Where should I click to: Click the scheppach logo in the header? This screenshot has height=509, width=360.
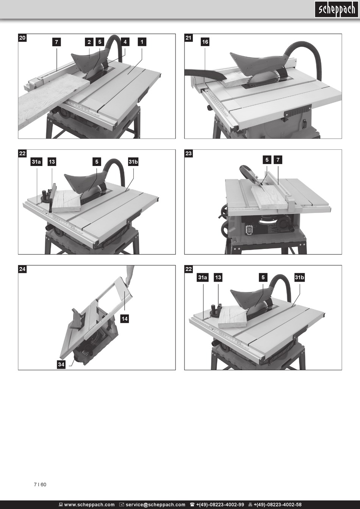tap(337, 9)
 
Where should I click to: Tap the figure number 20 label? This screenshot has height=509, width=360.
tap(22, 38)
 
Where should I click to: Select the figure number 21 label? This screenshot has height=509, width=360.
tap(188, 38)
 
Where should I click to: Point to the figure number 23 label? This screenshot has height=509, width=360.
tap(188, 153)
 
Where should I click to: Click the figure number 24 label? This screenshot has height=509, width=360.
tap(22, 269)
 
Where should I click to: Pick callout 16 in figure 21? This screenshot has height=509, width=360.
tap(205, 42)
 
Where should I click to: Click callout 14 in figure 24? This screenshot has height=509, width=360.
tap(125, 319)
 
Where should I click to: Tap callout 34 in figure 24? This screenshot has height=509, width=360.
tap(61, 365)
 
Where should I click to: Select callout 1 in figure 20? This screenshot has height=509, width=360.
tap(142, 42)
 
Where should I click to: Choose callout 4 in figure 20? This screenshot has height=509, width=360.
tap(125, 42)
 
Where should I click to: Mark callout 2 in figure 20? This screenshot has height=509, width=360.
tap(89, 42)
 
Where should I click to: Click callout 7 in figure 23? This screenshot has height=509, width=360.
tap(278, 160)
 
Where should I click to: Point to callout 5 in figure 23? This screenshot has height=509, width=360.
tap(267, 160)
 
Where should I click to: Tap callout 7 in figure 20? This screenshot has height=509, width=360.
tap(56, 42)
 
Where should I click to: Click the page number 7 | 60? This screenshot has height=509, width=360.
tap(40, 484)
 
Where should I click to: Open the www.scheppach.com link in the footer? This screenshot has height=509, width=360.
tap(87, 505)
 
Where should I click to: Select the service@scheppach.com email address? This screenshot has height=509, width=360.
tap(152, 505)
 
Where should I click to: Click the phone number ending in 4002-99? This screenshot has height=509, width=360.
tap(217, 505)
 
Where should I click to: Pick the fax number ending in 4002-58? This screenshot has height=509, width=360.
tap(275, 505)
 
